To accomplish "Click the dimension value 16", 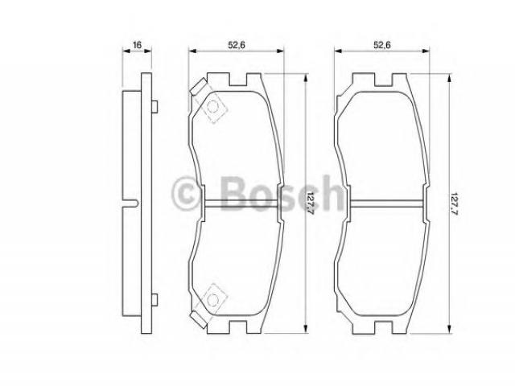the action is pos(137,45).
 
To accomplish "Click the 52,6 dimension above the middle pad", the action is pos(237,45).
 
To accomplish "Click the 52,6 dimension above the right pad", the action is pos(382,45).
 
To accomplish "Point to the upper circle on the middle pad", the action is pos(213,106).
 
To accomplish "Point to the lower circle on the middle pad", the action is pos(213,299).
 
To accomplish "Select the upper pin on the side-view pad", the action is pos(154,107).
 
